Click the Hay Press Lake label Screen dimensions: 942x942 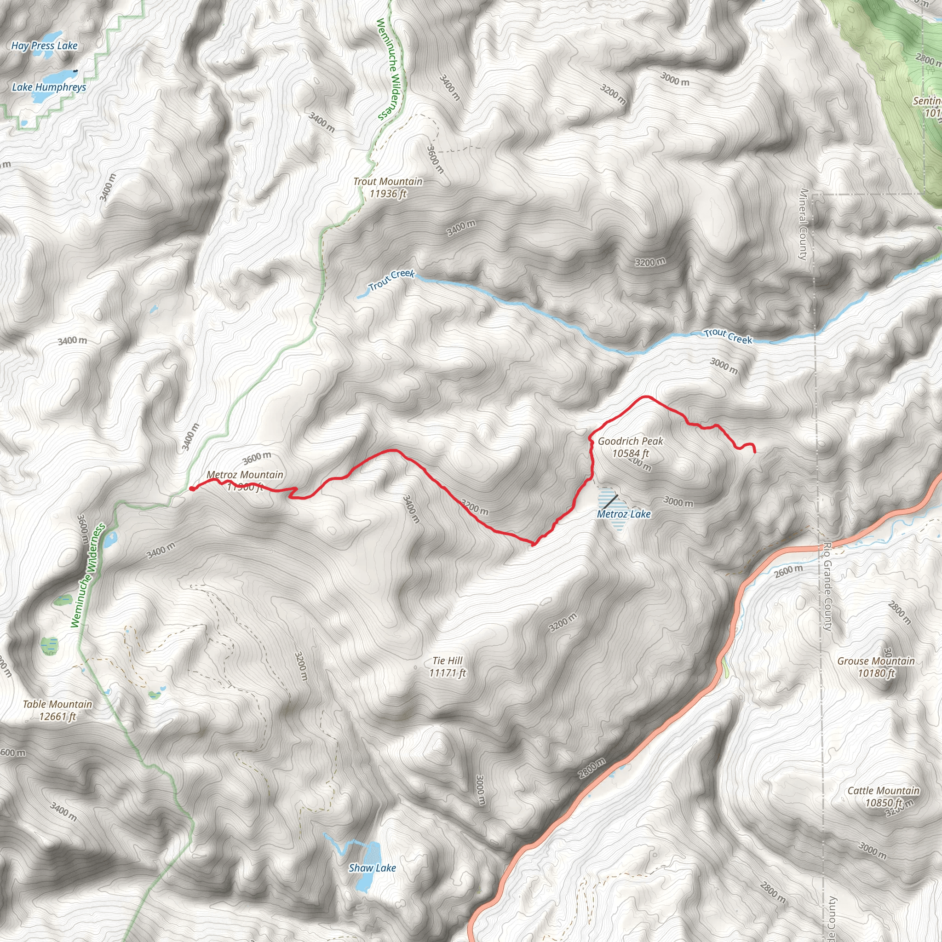click(x=44, y=46)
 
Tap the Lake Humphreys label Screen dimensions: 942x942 click(x=49, y=87)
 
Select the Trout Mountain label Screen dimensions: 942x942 click(x=388, y=187)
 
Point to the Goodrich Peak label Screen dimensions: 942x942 click(x=631, y=447)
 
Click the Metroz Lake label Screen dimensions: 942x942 click(x=624, y=514)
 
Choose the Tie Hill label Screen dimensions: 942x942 click(x=447, y=666)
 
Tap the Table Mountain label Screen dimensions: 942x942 click(x=57, y=710)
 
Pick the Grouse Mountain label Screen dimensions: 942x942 click(x=876, y=667)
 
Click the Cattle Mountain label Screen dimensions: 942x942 click(x=883, y=796)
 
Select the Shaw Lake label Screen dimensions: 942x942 click(x=372, y=867)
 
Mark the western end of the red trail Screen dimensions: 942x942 click(x=192, y=488)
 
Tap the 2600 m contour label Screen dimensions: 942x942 click(x=788, y=570)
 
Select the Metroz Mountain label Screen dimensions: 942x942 click(x=245, y=475)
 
